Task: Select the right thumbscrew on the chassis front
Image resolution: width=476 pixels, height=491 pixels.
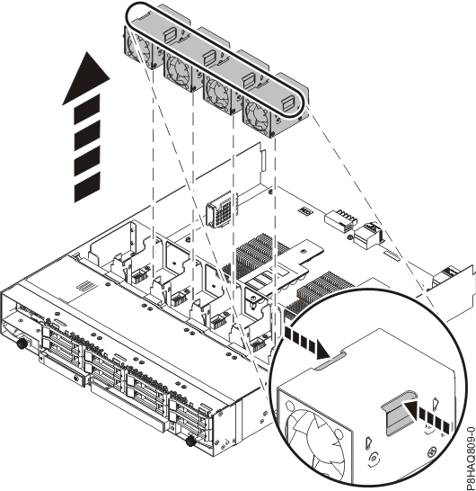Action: click(x=189, y=443)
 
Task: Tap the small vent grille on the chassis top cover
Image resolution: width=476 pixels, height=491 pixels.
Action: click(x=88, y=286)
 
